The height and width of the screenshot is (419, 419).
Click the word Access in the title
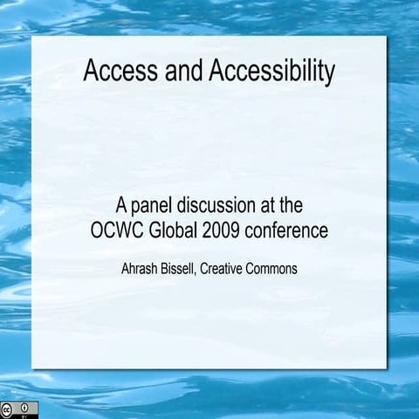pyautogui.click(x=115, y=72)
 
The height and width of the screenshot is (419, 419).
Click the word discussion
pyautogui.click(x=218, y=207)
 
